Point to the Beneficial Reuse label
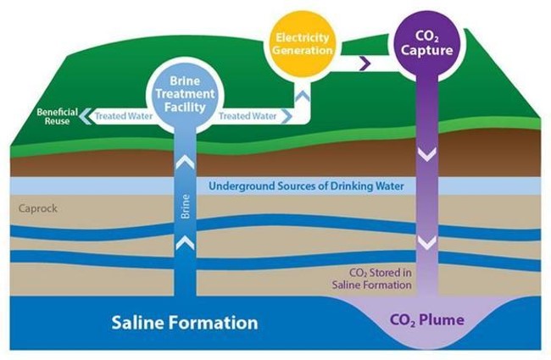[57, 116]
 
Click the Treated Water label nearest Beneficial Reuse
[123, 116]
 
